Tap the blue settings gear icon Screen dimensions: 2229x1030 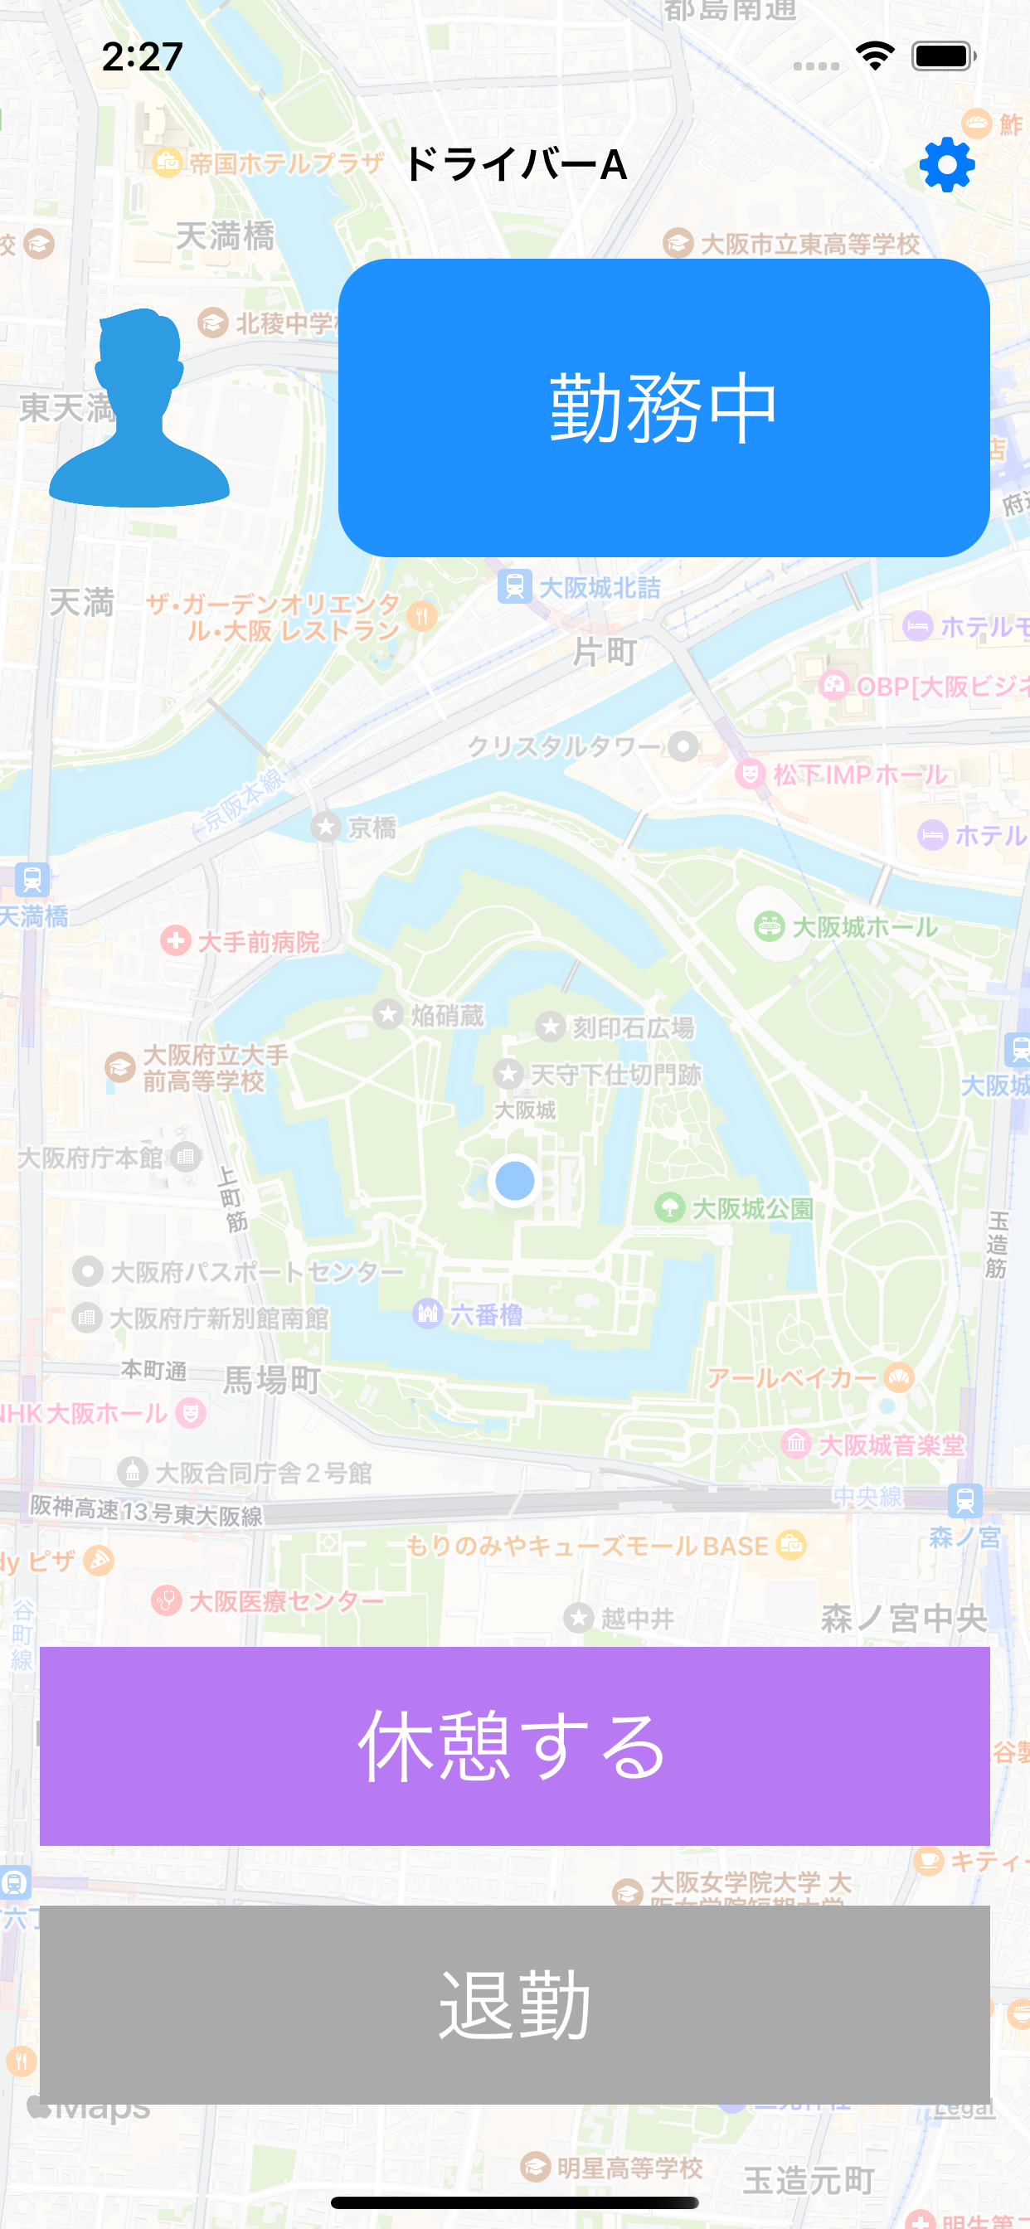[x=947, y=164]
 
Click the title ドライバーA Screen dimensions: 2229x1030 [x=515, y=164]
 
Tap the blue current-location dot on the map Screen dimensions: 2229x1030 [x=515, y=1180]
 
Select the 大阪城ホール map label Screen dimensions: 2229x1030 [x=864, y=927]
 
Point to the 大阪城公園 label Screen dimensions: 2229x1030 [x=751, y=1208]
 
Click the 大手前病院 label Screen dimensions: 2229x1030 [x=258, y=941]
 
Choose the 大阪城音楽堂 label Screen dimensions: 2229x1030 [x=890, y=1445]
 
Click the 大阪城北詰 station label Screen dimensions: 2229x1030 [x=599, y=588]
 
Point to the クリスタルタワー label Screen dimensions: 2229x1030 [x=564, y=745]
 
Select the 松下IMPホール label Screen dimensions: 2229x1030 [x=859, y=774]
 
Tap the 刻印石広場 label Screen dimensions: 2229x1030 [x=632, y=1027]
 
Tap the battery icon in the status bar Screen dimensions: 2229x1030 [x=943, y=57]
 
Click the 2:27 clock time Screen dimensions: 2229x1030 [x=142, y=57]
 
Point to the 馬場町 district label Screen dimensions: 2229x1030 [x=272, y=1379]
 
